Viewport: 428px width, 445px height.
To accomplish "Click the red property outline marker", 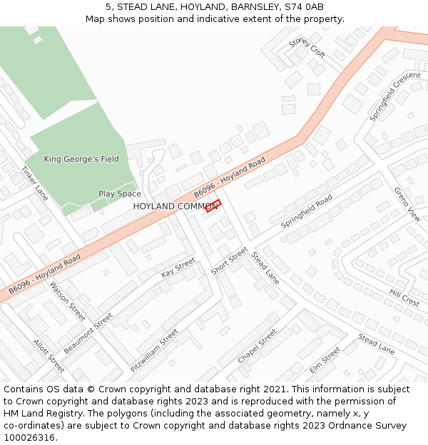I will pyautogui.click(x=213, y=206).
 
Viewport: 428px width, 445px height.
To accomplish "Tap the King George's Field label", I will pyautogui.click(x=81, y=159).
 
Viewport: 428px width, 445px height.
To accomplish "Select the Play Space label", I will pyautogui.click(x=120, y=194).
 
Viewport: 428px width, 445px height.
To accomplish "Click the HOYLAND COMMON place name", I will pyautogui.click(x=175, y=206).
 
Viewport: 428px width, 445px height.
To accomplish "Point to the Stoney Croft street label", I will pyautogui.click(x=307, y=48).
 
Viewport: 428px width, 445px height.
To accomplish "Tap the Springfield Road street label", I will pyautogui.click(x=307, y=211).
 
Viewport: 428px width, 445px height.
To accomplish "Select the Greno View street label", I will pyautogui.click(x=407, y=204).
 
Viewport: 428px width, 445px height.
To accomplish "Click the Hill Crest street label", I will pyautogui.click(x=404, y=297).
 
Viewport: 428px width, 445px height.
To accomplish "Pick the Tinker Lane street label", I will pyautogui.click(x=34, y=184).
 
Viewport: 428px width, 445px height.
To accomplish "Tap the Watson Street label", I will pyautogui.click(x=67, y=301).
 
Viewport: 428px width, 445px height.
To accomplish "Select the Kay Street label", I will pyautogui.click(x=178, y=268).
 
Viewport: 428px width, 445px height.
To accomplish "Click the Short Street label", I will pyautogui.click(x=229, y=261).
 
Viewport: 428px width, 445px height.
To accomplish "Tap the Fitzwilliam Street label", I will pyautogui.click(x=155, y=350).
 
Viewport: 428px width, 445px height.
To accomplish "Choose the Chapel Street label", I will pyautogui.click(x=257, y=346).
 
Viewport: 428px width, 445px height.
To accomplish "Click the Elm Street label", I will pyautogui.click(x=325, y=360).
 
